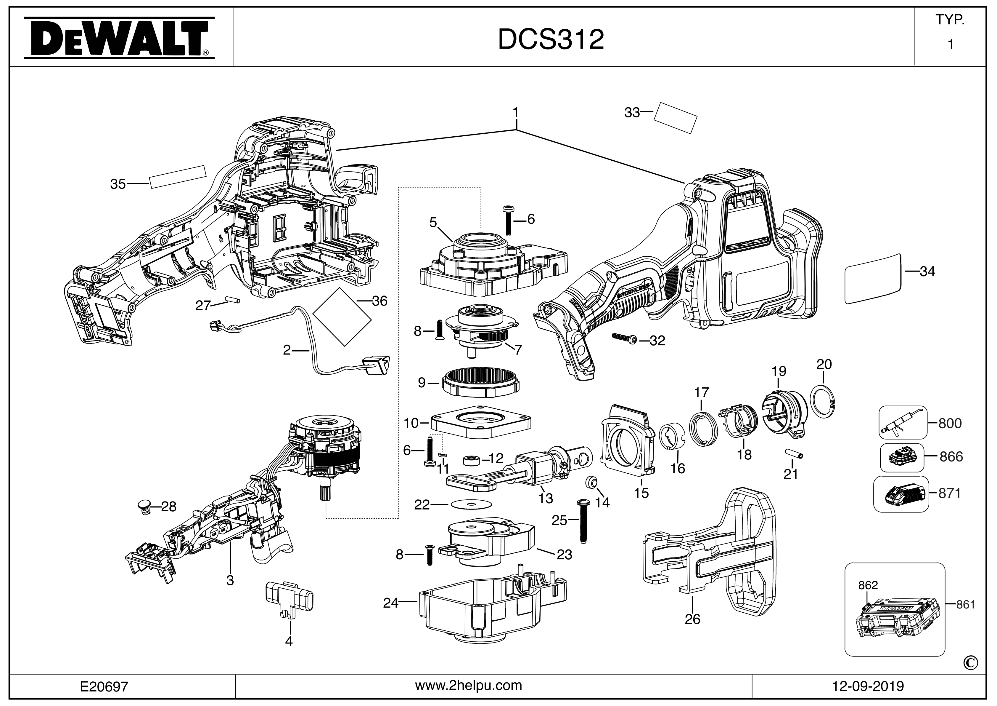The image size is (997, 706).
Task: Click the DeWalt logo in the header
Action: coord(118,38)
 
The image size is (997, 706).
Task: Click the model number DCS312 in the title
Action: coord(551,39)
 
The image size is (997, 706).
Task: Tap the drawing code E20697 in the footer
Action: coord(104,686)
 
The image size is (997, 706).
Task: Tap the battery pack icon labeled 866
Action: coord(901,457)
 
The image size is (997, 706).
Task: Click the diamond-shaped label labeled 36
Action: coord(342,317)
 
